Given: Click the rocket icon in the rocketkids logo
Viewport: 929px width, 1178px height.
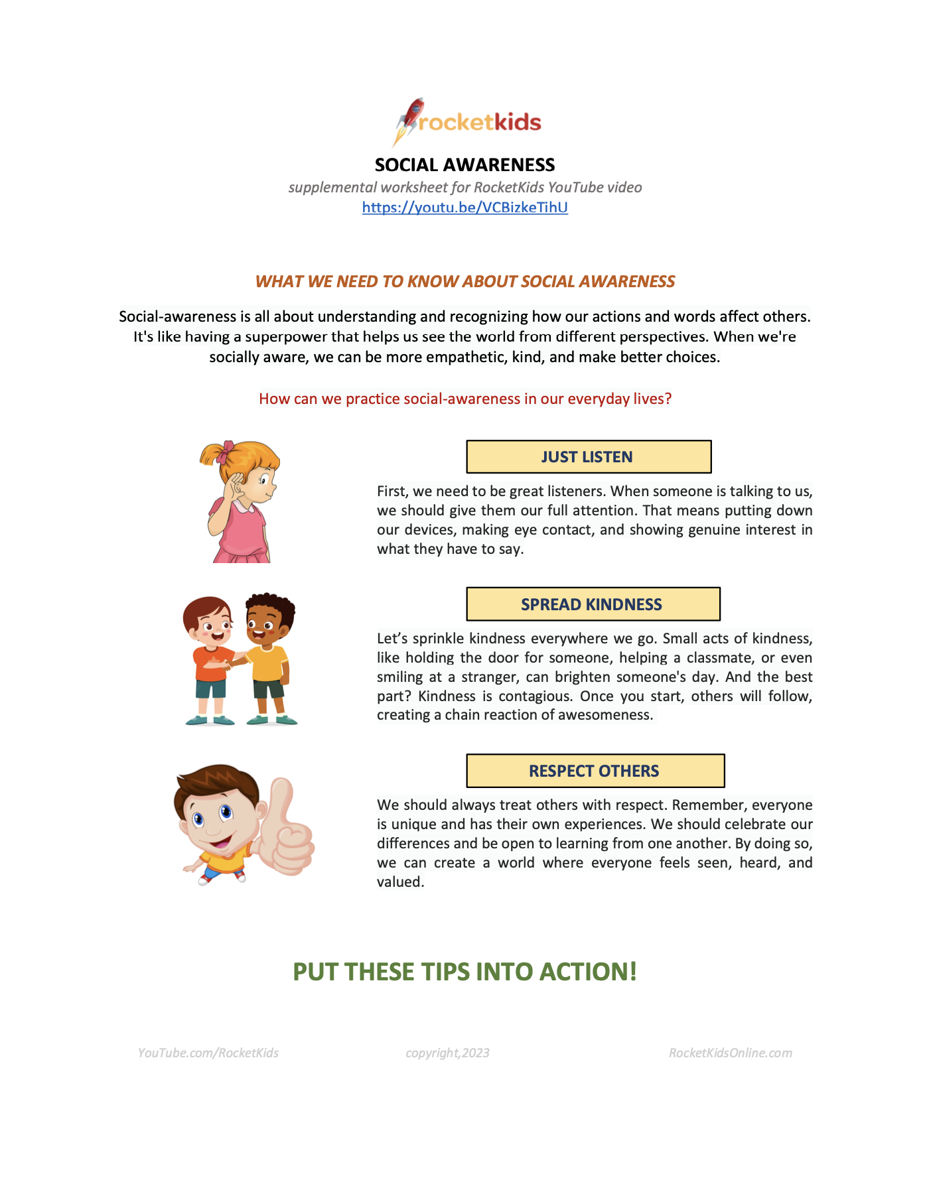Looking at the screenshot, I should tap(409, 118).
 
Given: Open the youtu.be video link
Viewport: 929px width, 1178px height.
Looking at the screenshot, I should tap(464, 208).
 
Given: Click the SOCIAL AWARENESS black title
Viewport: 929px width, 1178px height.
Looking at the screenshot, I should tap(464, 164).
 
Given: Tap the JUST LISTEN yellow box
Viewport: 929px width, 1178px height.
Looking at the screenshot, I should tap(589, 457).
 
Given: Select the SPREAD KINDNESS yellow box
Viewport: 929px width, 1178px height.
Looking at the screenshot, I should tap(593, 604).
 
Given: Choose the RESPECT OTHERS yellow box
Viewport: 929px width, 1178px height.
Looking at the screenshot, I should tap(595, 771).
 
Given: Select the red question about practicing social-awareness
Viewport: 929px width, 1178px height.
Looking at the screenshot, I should tap(464, 399).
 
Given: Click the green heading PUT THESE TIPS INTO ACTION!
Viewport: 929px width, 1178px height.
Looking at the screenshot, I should tap(464, 972).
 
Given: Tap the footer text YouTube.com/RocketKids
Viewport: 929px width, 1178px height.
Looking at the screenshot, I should tap(208, 1053).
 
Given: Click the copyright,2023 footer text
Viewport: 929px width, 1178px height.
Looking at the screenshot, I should tap(447, 1053).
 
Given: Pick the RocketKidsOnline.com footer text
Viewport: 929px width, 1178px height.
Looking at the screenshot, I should tap(730, 1053).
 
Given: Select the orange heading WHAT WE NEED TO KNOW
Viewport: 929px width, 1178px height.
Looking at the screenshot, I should tap(464, 281).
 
